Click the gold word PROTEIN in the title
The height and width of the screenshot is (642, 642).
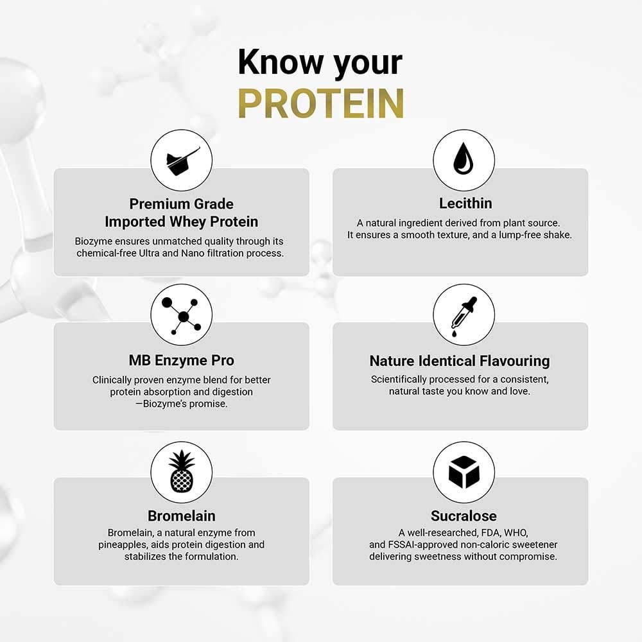point(320,102)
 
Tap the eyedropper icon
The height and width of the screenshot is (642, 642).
point(464,315)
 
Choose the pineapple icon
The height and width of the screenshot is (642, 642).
point(182,472)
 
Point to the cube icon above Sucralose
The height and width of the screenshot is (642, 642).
point(464,472)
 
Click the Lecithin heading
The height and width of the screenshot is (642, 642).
point(465,204)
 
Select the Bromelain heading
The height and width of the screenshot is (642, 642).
point(182,516)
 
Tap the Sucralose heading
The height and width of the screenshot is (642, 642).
point(464,516)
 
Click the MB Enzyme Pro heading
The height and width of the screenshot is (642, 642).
point(182,361)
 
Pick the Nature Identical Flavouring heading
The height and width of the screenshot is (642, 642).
point(460,361)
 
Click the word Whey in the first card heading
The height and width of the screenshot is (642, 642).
point(187,222)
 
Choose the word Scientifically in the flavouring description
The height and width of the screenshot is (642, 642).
point(404,379)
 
